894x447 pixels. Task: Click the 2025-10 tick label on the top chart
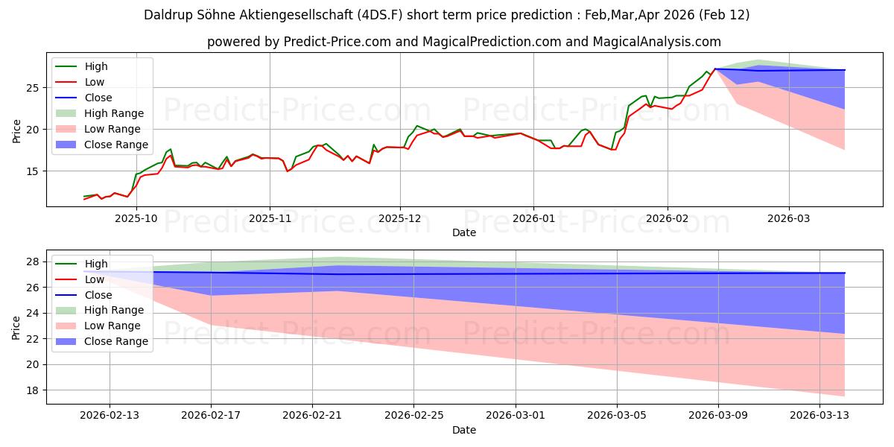136,219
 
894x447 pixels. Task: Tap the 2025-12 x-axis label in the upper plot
400,219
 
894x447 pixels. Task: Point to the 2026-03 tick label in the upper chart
789,219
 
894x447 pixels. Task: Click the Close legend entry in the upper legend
98,98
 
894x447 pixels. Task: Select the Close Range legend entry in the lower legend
116,342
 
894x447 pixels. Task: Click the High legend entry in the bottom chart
97,264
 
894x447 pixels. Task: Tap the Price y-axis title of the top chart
17,130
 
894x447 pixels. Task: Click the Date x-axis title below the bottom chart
463,430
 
